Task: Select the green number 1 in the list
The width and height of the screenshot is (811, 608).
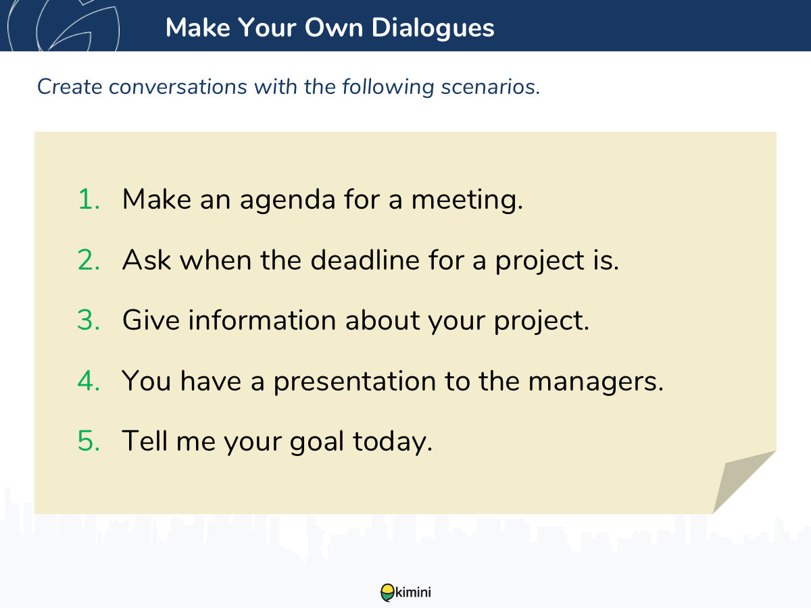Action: (x=89, y=199)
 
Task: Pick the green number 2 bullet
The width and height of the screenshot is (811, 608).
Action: (x=89, y=260)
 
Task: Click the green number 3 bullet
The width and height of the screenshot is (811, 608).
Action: (x=89, y=320)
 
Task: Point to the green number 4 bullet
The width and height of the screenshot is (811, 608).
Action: (x=89, y=380)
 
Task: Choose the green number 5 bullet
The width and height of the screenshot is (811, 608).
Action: (x=89, y=440)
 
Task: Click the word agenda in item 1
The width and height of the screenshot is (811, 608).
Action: (x=287, y=201)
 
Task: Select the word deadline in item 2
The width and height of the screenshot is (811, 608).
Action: (x=365, y=260)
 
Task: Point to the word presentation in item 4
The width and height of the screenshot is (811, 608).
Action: (x=355, y=382)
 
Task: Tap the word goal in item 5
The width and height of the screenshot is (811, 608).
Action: (x=317, y=442)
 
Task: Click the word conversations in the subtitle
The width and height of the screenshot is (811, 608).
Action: (x=178, y=87)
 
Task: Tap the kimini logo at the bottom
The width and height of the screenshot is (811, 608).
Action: (x=405, y=592)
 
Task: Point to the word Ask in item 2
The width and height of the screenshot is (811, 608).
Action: (x=147, y=260)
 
